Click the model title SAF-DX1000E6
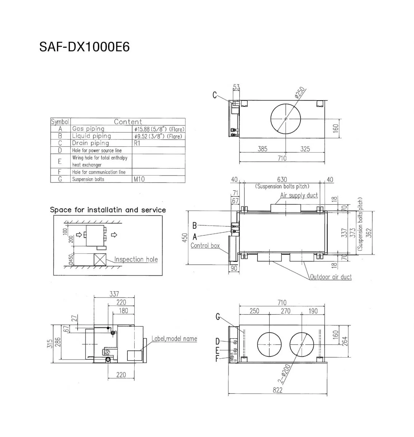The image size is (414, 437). pos(84,47)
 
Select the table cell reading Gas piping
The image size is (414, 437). pos(88,129)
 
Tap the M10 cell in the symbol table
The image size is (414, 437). pos(139,179)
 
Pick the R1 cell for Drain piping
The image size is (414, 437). pos(137,143)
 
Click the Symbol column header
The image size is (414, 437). pos(60,122)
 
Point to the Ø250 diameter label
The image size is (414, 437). pos(300,94)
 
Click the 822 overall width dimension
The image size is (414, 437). pos(277,390)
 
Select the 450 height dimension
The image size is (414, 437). pos(185,238)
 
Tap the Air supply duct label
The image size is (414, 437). pos(299,196)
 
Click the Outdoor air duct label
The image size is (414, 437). pos(331,277)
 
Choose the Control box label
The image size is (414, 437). pos(205,246)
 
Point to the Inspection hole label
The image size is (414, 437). pos(136,259)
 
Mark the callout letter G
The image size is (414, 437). pos(218,317)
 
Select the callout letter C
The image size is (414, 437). pos(215,95)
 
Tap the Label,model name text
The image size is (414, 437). pos(174,339)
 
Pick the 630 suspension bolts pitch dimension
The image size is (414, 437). pos(282,180)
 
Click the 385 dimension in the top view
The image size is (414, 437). pos(262,149)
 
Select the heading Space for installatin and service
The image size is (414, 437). pos(108,210)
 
